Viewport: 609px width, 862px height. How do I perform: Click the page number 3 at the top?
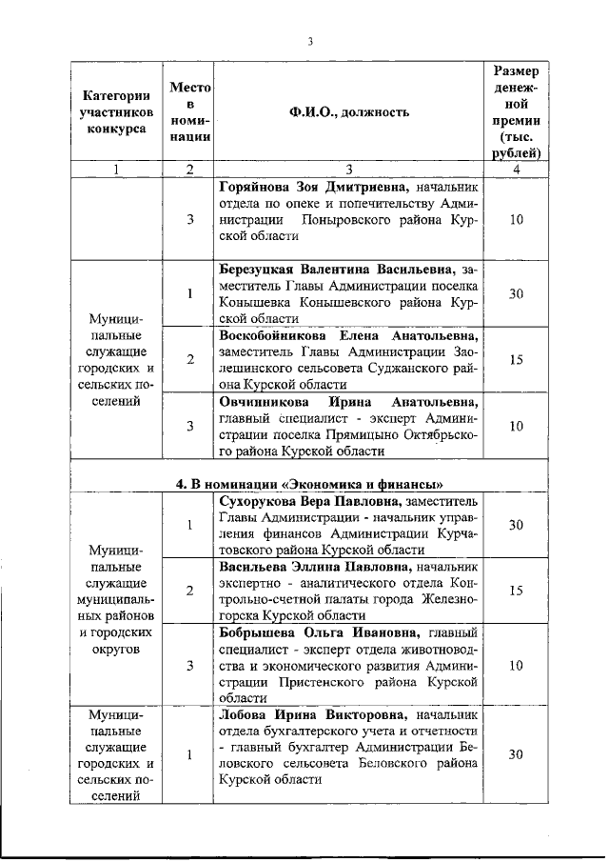tap(310, 40)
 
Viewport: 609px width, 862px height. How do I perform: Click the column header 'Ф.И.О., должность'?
tap(349, 112)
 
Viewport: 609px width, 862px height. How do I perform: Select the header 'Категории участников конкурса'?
tap(116, 112)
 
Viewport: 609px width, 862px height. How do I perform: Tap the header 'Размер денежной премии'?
tap(517, 111)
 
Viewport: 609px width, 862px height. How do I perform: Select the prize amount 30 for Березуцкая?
tap(516, 293)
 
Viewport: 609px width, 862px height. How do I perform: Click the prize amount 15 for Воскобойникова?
tap(516, 360)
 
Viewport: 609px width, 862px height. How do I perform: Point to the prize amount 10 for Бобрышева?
tap(516, 665)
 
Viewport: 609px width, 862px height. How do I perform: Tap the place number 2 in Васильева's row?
tap(190, 591)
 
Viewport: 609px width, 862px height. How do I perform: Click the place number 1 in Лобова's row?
tap(190, 754)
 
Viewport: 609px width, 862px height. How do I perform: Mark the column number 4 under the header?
tap(516, 170)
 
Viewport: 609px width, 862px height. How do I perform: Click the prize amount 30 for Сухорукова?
tap(516, 525)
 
